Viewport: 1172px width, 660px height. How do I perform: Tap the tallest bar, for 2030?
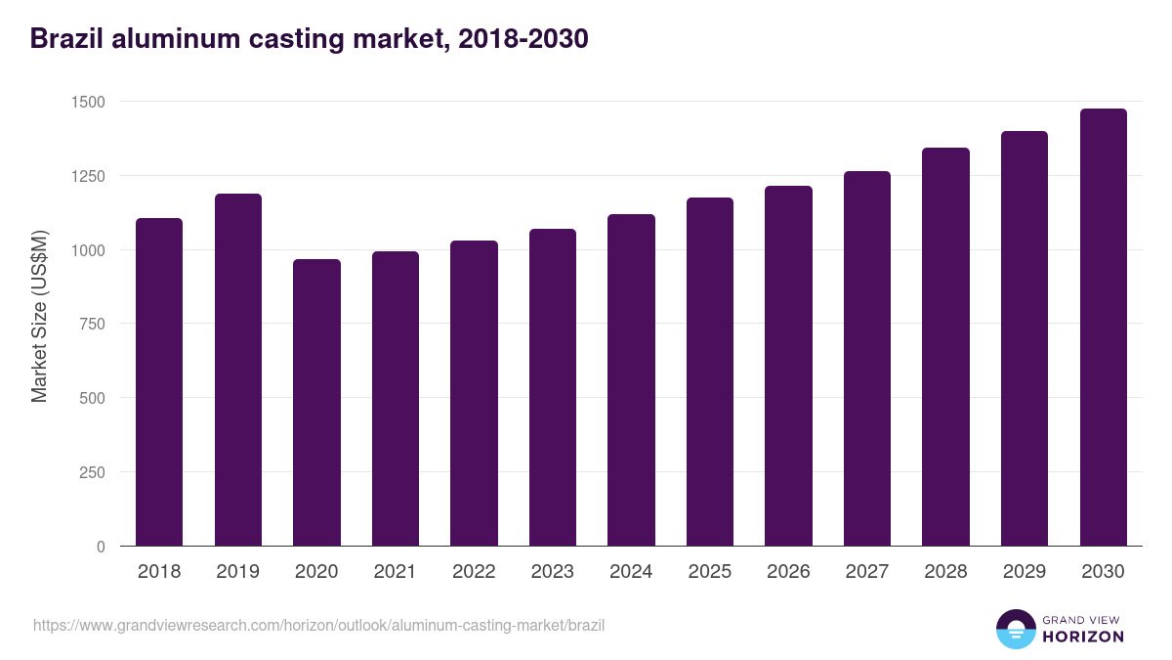click(1104, 328)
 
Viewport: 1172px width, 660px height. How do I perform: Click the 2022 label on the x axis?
click(474, 572)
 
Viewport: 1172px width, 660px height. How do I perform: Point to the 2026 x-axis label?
click(788, 572)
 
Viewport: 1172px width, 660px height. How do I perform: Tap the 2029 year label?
click(1025, 572)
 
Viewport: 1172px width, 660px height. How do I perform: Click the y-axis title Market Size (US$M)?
click(39, 316)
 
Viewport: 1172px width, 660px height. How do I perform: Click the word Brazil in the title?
click(65, 39)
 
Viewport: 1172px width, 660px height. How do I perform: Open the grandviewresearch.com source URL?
click(319, 625)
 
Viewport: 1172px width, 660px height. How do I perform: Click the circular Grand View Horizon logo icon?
click(1016, 629)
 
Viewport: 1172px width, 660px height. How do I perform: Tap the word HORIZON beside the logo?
click(1084, 637)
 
